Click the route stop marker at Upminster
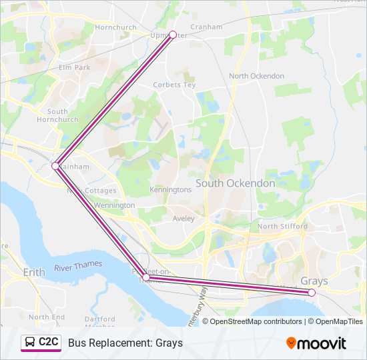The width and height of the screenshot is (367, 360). point(173,34)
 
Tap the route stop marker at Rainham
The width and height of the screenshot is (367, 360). point(55,166)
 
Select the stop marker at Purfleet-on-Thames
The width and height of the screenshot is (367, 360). point(145,277)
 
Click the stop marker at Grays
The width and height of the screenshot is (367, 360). point(312,292)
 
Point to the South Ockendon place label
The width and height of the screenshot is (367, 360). point(235,183)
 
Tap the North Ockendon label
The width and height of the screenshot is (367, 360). point(256,76)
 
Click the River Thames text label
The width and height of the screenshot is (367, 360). point(78,266)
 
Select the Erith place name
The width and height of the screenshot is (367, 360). point(34,273)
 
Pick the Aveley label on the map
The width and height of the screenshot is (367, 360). point(183,218)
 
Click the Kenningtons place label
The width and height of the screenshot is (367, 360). point(171,189)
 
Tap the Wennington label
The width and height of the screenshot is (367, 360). point(114,205)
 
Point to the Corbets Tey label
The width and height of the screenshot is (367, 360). point(173,85)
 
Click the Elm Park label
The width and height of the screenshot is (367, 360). point(73,67)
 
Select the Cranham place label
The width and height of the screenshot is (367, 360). point(206,27)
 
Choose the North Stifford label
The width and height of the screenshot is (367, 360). point(282,227)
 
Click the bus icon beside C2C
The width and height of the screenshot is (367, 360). point(29,343)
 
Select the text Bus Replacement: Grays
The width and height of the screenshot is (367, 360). point(125,343)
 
